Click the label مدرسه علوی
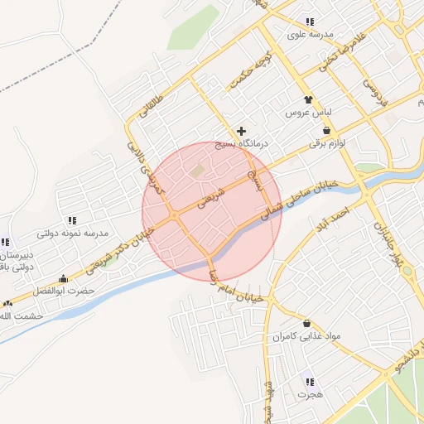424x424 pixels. pyautogui.click(x=310, y=34)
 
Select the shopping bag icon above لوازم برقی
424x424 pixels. pyautogui.click(x=327, y=130)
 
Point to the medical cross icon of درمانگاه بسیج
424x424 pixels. pyautogui.click(x=241, y=131)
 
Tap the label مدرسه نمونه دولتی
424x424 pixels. pyautogui.click(x=74, y=234)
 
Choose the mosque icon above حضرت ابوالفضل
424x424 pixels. pyautogui.click(x=64, y=278)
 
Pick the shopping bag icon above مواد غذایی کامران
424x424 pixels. pyautogui.click(x=307, y=323)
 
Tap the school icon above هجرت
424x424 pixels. pyautogui.click(x=310, y=382)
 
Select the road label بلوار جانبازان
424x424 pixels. pyautogui.click(x=390, y=243)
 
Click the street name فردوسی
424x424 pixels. pyautogui.click(x=377, y=98)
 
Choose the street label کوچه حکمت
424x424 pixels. pyautogui.click(x=253, y=66)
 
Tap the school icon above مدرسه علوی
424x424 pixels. pyautogui.click(x=310, y=22)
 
